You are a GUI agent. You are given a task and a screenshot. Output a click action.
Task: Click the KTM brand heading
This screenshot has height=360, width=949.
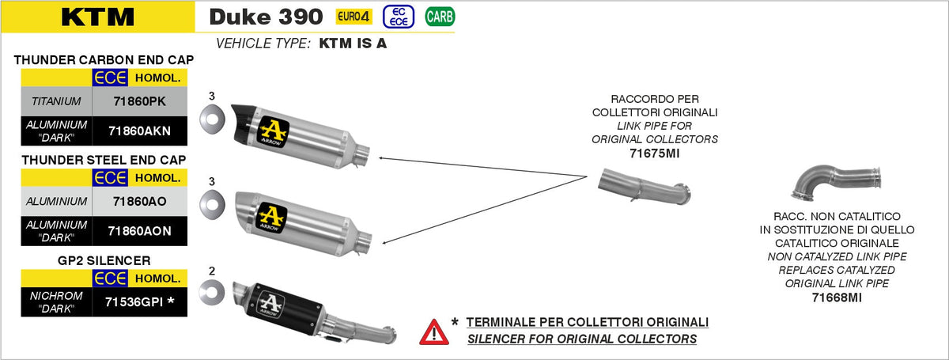[98, 17]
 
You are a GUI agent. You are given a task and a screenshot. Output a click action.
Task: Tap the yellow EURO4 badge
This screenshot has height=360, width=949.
[354, 17]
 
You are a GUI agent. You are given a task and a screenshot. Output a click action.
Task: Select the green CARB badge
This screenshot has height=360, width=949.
[440, 17]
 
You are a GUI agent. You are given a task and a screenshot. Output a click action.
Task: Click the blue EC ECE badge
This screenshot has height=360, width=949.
[399, 17]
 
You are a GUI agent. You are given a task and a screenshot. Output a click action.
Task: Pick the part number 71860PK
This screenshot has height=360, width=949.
[140, 101]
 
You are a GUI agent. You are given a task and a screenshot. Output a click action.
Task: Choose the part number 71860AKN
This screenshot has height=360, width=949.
[140, 131]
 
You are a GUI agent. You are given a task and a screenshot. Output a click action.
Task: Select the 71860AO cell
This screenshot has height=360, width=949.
[140, 202]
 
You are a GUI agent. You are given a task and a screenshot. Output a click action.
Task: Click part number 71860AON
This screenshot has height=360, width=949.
[140, 231]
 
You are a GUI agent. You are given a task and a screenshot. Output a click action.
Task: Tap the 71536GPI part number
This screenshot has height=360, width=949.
[140, 301]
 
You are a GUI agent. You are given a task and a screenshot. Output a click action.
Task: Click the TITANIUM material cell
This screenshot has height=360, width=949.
[56, 101]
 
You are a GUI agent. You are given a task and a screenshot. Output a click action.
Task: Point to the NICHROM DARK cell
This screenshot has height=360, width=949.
[56, 302]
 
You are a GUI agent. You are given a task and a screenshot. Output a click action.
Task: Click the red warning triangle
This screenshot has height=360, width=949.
[434, 332]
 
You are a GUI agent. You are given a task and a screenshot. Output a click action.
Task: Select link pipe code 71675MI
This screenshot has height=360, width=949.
[655, 153]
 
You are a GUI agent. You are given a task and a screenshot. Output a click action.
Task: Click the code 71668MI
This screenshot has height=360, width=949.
[837, 297]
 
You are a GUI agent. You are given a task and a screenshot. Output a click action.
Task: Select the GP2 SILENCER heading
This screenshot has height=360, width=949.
[104, 260]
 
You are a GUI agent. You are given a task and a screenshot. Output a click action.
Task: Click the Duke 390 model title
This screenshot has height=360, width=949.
[266, 17]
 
